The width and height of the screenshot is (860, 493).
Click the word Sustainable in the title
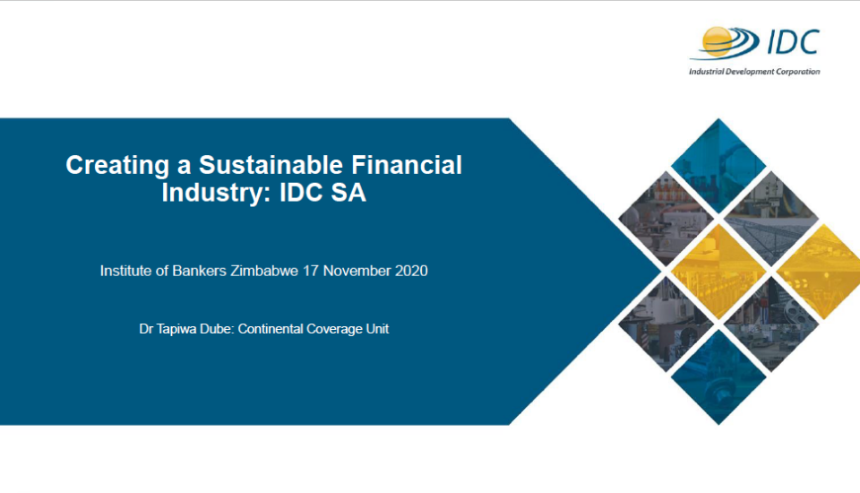[x=271, y=165]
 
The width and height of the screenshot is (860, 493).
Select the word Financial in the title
[x=407, y=165]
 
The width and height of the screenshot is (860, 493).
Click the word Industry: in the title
[x=217, y=193]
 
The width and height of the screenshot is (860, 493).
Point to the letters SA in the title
[x=348, y=193]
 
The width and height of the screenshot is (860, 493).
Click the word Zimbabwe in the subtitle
[x=264, y=271]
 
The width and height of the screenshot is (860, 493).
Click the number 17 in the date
[x=311, y=271]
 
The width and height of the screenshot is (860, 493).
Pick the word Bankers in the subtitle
[x=199, y=271]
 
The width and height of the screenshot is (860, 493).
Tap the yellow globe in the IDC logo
[x=718, y=42]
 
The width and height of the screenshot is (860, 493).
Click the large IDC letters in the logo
[x=793, y=42]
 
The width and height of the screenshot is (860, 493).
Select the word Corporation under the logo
[x=798, y=72]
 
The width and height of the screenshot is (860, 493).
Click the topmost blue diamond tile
[x=718, y=166]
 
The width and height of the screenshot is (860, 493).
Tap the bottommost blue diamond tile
[x=718, y=376]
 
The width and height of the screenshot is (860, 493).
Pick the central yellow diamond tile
[x=718, y=272]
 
